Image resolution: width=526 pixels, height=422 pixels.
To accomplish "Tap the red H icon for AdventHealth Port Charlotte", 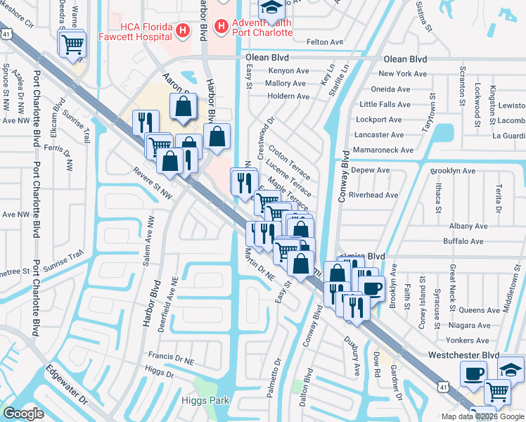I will (x=221, y=27).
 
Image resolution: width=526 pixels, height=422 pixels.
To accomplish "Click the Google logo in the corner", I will (x=23, y=414).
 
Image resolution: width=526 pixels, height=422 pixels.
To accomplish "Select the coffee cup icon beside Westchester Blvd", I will (x=474, y=372).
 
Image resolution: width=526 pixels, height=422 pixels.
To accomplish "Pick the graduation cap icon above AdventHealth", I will (x=270, y=7).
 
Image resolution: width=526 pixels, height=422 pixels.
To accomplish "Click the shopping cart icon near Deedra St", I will (x=72, y=44).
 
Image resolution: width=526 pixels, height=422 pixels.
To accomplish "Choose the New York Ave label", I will (x=404, y=74).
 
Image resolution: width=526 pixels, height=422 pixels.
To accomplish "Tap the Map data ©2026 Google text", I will (x=481, y=416).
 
